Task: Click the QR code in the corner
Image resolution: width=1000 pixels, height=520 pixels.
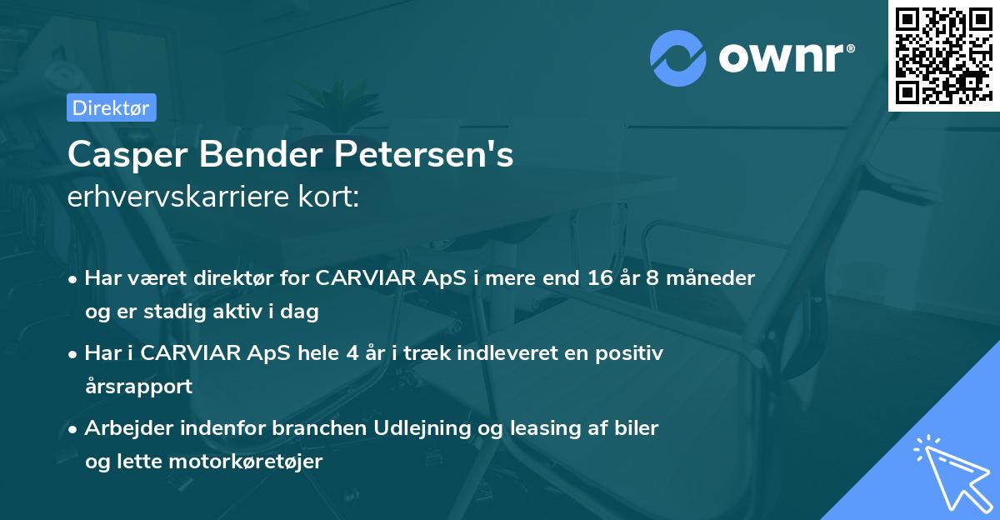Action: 943,55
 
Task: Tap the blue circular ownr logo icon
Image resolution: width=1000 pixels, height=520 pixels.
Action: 677,59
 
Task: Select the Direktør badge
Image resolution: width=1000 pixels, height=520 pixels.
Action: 111,107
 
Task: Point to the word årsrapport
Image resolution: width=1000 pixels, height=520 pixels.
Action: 138,387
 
